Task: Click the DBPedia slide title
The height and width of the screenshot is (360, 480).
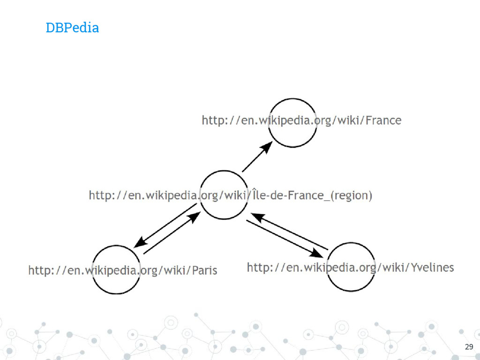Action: [x=72, y=28]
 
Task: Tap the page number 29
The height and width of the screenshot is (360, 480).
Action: [x=468, y=347]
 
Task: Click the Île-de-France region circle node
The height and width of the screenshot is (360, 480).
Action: [x=224, y=195]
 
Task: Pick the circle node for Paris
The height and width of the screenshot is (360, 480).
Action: [x=116, y=270]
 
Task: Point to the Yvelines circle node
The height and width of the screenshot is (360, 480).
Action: [x=351, y=267]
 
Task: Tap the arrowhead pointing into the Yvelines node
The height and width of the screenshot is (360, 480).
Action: [x=318, y=254]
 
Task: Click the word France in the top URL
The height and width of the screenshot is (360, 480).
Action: [x=383, y=120]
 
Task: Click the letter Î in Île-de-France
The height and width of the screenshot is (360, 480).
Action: [x=255, y=194]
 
